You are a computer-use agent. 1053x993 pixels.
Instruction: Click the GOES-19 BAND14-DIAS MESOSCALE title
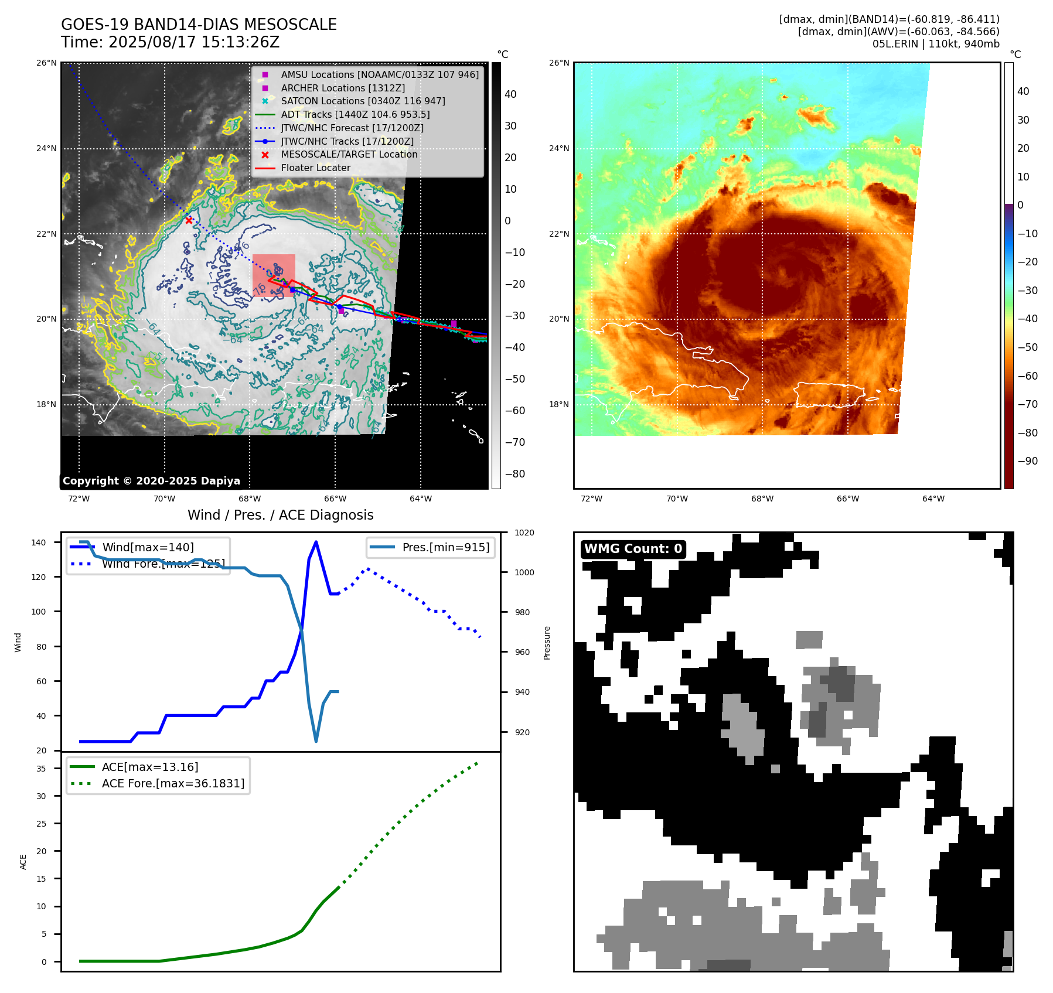click(x=199, y=25)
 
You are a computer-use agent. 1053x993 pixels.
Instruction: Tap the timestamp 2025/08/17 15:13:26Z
click(x=193, y=43)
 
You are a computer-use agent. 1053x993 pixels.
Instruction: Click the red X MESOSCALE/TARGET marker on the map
click(x=189, y=220)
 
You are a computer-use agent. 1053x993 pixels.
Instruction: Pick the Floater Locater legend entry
click(x=315, y=168)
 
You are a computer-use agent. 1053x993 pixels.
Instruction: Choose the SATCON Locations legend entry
click(x=363, y=101)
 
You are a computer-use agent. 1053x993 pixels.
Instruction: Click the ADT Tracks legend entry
click(x=355, y=115)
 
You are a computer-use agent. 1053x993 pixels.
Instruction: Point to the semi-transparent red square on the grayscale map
click(x=274, y=275)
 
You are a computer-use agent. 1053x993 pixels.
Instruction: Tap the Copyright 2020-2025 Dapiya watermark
click(x=151, y=481)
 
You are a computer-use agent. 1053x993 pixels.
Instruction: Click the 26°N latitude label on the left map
click(x=46, y=63)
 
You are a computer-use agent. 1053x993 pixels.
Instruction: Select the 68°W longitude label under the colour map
click(x=762, y=499)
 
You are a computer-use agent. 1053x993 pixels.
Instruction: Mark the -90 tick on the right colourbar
click(x=1027, y=461)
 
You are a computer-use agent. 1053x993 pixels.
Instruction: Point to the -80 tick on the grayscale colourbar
click(x=514, y=474)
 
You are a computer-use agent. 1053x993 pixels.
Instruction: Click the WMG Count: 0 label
click(x=633, y=549)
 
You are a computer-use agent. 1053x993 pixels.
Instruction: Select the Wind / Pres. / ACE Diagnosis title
click(x=280, y=515)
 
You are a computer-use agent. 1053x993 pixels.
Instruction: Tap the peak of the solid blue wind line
click(x=316, y=542)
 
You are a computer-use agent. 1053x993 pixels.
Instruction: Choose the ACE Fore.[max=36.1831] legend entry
click(x=173, y=783)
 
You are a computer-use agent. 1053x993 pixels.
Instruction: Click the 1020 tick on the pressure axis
click(x=524, y=533)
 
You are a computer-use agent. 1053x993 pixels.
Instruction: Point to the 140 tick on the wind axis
click(x=39, y=542)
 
